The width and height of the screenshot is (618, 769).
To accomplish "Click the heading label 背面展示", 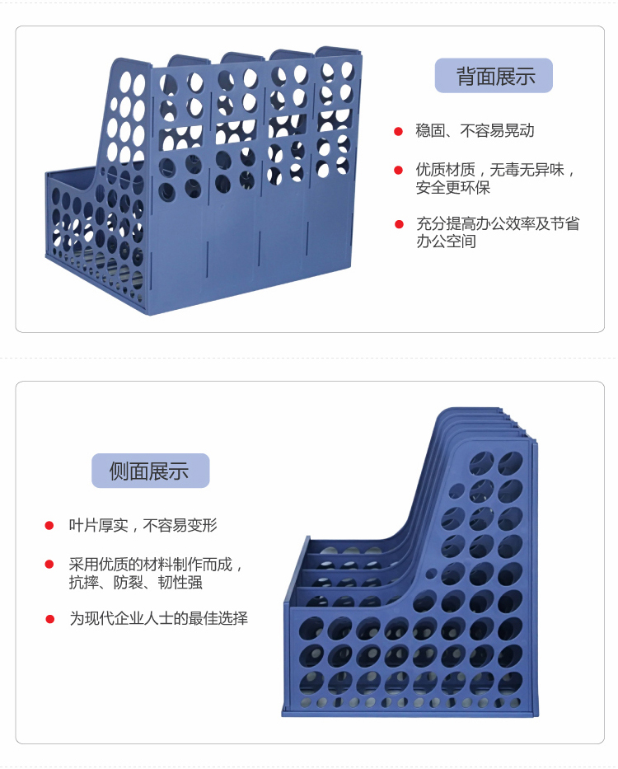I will (494, 77).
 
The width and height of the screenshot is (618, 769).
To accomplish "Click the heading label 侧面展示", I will (150, 471).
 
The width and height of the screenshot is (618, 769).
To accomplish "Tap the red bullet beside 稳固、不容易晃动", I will (398, 131).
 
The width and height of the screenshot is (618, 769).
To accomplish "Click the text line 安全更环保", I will (452, 188).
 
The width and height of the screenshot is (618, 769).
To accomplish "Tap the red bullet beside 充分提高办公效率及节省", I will (399, 223).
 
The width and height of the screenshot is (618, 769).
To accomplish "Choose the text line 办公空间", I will (446, 241).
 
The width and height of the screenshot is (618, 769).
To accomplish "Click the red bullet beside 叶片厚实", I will (49, 525).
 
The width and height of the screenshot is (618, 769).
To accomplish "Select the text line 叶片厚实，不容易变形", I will (143, 525).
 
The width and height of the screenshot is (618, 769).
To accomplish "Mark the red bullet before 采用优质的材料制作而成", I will (49, 565).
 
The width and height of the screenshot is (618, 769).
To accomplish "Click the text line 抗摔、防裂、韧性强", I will (135, 583).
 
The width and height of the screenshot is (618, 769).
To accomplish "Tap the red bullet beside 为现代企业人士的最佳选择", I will (49, 618).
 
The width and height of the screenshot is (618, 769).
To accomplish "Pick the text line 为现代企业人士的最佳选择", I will (158, 618).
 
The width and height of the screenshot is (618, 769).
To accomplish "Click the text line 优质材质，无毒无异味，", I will (495, 170).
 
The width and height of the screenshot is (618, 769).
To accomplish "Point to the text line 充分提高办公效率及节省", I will (497, 223).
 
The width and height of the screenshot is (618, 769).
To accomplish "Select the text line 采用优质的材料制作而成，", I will (157, 565).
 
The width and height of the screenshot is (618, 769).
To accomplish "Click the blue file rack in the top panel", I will (206, 181).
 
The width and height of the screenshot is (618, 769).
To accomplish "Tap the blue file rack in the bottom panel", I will (412, 593).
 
